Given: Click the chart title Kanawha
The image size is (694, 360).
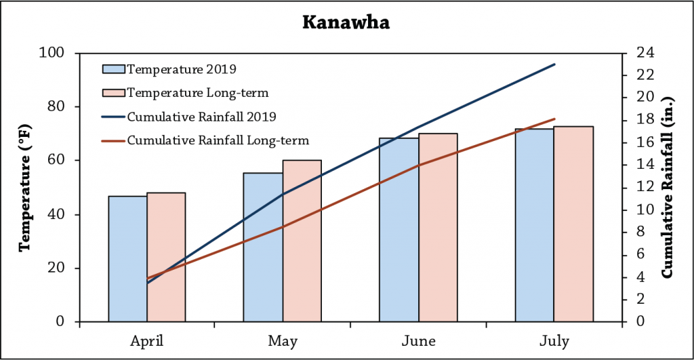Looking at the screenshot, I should tap(346, 22).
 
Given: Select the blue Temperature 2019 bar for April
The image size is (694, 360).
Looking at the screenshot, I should tap(127, 258).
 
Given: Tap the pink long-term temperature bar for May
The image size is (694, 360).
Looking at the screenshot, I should tap(302, 241).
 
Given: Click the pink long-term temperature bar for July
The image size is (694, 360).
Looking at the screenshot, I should tap(573, 224).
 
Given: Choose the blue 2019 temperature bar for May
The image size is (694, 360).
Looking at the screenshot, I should tap(263, 247).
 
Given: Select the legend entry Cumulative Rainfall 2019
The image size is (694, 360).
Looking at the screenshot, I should tap(201, 117).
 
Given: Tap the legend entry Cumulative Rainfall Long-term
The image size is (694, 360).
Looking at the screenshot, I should tap(218, 141).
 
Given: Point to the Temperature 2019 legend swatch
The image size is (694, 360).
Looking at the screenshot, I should tap(113, 68).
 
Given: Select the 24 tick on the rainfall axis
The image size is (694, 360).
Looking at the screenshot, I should tap(641, 53).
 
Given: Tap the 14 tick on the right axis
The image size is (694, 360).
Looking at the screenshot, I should tap(641, 165).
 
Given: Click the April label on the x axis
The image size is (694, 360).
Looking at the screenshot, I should tap(147, 340).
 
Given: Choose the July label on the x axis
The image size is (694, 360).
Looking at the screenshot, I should tap(554, 340).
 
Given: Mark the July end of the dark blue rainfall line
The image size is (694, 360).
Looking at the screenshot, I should tap(554, 64).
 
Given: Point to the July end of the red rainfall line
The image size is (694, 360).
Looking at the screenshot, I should tap(554, 119).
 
